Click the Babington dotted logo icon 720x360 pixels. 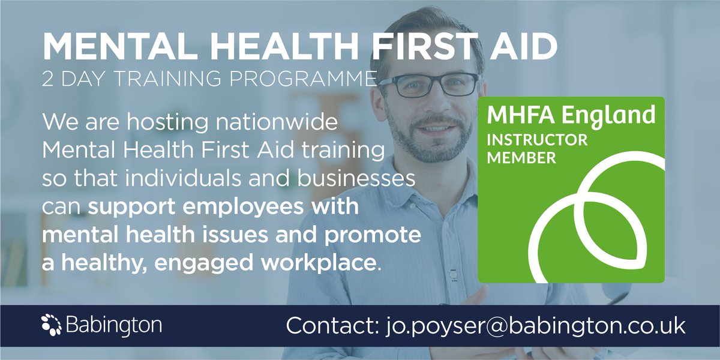tap(50, 325)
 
